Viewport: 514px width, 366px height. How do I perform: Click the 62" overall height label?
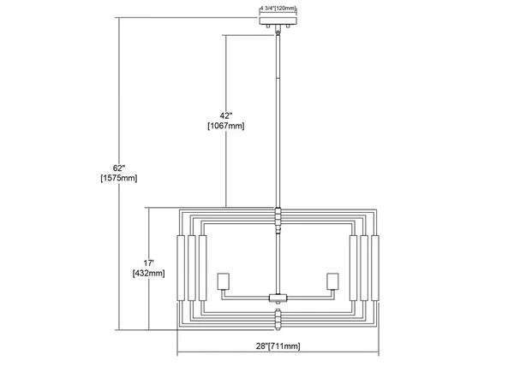click(x=119, y=168)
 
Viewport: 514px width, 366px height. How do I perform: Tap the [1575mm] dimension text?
click(x=119, y=178)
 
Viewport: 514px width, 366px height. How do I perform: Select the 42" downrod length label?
click(x=226, y=115)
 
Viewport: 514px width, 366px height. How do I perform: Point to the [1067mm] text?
click(x=226, y=126)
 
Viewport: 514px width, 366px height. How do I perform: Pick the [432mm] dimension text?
click(x=149, y=273)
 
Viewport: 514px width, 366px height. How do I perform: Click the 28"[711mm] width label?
click(x=278, y=345)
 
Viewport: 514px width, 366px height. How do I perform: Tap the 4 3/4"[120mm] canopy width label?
click(x=278, y=9)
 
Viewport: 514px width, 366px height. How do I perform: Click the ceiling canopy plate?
click(x=278, y=21)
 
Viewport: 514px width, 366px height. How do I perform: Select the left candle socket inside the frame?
click(x=224, y=281)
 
